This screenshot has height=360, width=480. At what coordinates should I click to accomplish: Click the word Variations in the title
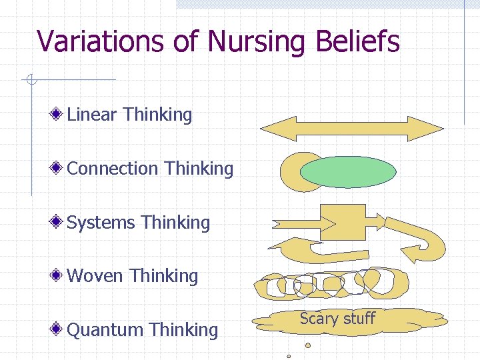tap(99, 41)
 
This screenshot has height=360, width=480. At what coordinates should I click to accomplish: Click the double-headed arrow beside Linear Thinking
tap(351, 128)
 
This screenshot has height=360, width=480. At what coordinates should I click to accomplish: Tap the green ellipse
tap(348, 173)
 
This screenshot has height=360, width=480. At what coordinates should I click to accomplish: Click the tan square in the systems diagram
tap(343, 223)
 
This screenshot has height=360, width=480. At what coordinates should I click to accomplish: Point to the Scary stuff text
tap(337, 319)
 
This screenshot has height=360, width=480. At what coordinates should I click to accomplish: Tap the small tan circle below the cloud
tap(308, 345)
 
